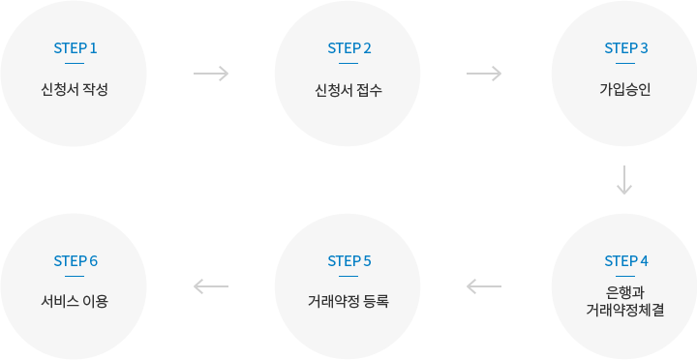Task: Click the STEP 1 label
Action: coord(75,47)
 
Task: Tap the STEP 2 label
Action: coord(349,47)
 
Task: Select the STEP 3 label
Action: coord(625,47)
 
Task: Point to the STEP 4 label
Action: coord(625,260)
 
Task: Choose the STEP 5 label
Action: coord(349,260)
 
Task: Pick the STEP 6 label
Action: coord(75,260)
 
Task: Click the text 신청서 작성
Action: coord(75,91)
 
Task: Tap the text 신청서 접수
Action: coord(349,91)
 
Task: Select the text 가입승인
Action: coord(625,91)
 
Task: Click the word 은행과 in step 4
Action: coord(625,291)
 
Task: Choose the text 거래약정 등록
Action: coord(349,301)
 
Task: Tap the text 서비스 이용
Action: coord(75,301)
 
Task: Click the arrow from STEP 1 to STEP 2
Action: coord(211,74)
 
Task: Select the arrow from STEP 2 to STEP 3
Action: coord(484,74)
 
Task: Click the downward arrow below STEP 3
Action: coord(624,179)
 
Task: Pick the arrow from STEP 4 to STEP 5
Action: coord(484,286)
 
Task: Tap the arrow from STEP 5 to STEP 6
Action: coord(211,286)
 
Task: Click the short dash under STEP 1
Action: coord(75,63)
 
